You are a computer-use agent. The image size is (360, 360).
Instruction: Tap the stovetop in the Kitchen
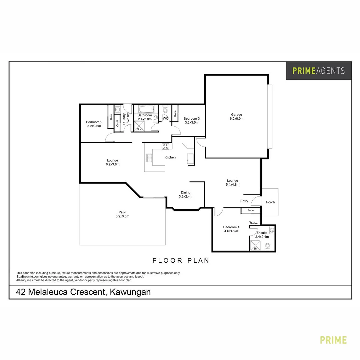point(165,145)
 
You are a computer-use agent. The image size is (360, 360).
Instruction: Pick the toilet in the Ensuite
point(267,247)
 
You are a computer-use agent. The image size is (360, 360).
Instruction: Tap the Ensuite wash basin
point(272,230)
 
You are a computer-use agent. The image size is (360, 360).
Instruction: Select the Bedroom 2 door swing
point(110,137)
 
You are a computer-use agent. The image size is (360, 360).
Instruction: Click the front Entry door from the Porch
point(256,201)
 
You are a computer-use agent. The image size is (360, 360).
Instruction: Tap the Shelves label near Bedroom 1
point(254,223)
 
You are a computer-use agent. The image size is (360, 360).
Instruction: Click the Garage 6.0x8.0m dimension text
point(236,119)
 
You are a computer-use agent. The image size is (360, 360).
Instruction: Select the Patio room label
point(122,212)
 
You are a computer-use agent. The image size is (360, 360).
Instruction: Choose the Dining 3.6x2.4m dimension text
point(186,196)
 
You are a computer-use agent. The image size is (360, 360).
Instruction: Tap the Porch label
point(270,202)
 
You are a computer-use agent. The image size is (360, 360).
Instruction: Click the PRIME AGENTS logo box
point(318,71)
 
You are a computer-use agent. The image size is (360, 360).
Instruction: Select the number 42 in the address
point(21,292)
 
